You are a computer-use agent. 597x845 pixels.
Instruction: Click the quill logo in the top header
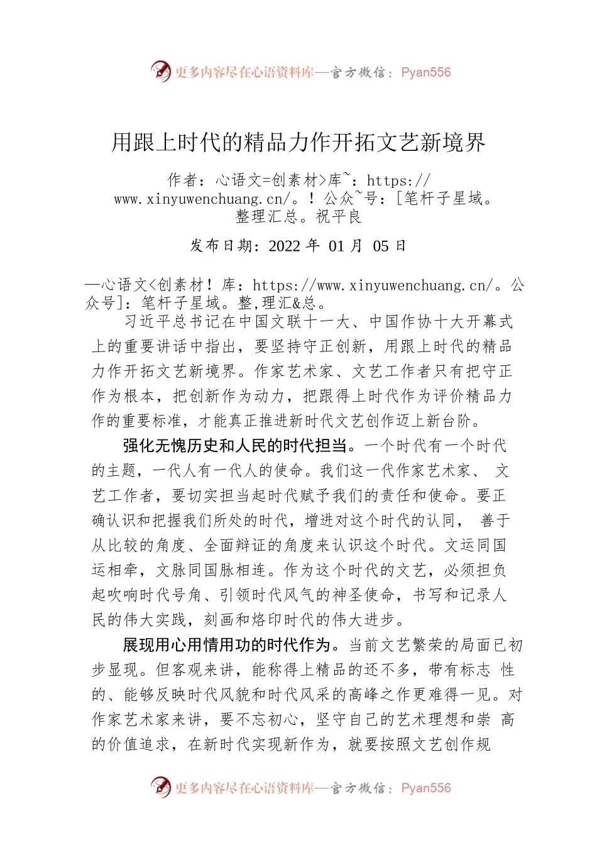tap(161, 71)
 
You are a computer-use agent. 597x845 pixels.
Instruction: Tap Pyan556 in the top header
tap(425, 72)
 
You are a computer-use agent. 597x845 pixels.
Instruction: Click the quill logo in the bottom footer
tap(161, 787)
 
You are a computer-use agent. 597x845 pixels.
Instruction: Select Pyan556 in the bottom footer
tap(425, 788)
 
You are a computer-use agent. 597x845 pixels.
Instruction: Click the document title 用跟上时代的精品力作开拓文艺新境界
tap(298, 143)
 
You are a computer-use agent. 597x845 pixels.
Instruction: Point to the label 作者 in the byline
tap(183, 181)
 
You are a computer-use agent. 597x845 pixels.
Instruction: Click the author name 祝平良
tap(339, 217)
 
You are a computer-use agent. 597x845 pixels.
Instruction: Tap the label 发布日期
tap(221, 246)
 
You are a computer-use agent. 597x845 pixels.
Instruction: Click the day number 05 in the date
tap(381, 246)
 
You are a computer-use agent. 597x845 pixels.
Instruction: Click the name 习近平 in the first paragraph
tap(148, 322)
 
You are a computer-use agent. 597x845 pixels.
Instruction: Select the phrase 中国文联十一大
tap(294, 322)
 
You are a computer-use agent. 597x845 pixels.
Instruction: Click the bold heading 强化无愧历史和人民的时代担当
tap(235, 446)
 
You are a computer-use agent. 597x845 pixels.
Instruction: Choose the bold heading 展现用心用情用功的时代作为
tap(227, 645)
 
